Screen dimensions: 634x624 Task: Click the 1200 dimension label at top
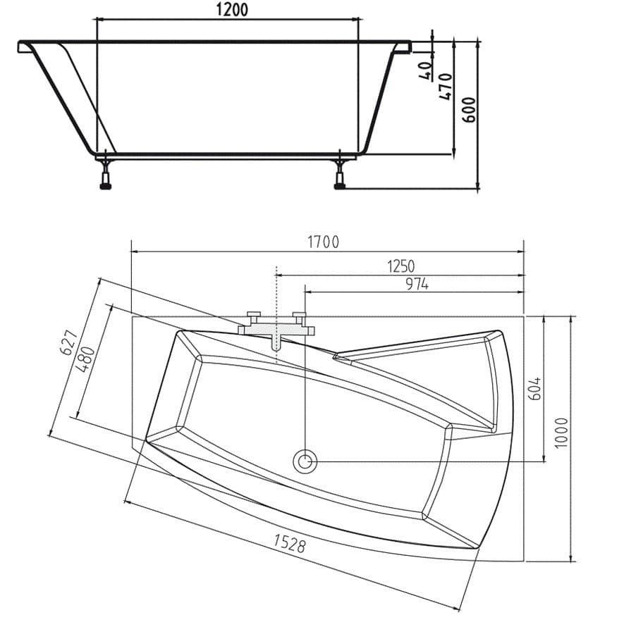(x=228, y=9)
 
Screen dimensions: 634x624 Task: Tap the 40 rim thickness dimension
(x=425, y=70)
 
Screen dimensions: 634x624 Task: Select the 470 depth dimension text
(x=446, y=85)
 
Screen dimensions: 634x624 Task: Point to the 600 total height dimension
(x=470, y=110)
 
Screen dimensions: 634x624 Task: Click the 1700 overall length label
(x=323, y=242)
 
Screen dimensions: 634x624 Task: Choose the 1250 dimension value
(x=400, y=266)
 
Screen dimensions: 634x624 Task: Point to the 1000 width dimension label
(x=561, y=433)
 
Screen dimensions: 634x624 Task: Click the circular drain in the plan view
(x=305, y=461)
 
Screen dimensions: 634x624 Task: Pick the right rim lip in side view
(x=403, y=46)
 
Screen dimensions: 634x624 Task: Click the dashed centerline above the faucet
(x=276, y=289)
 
